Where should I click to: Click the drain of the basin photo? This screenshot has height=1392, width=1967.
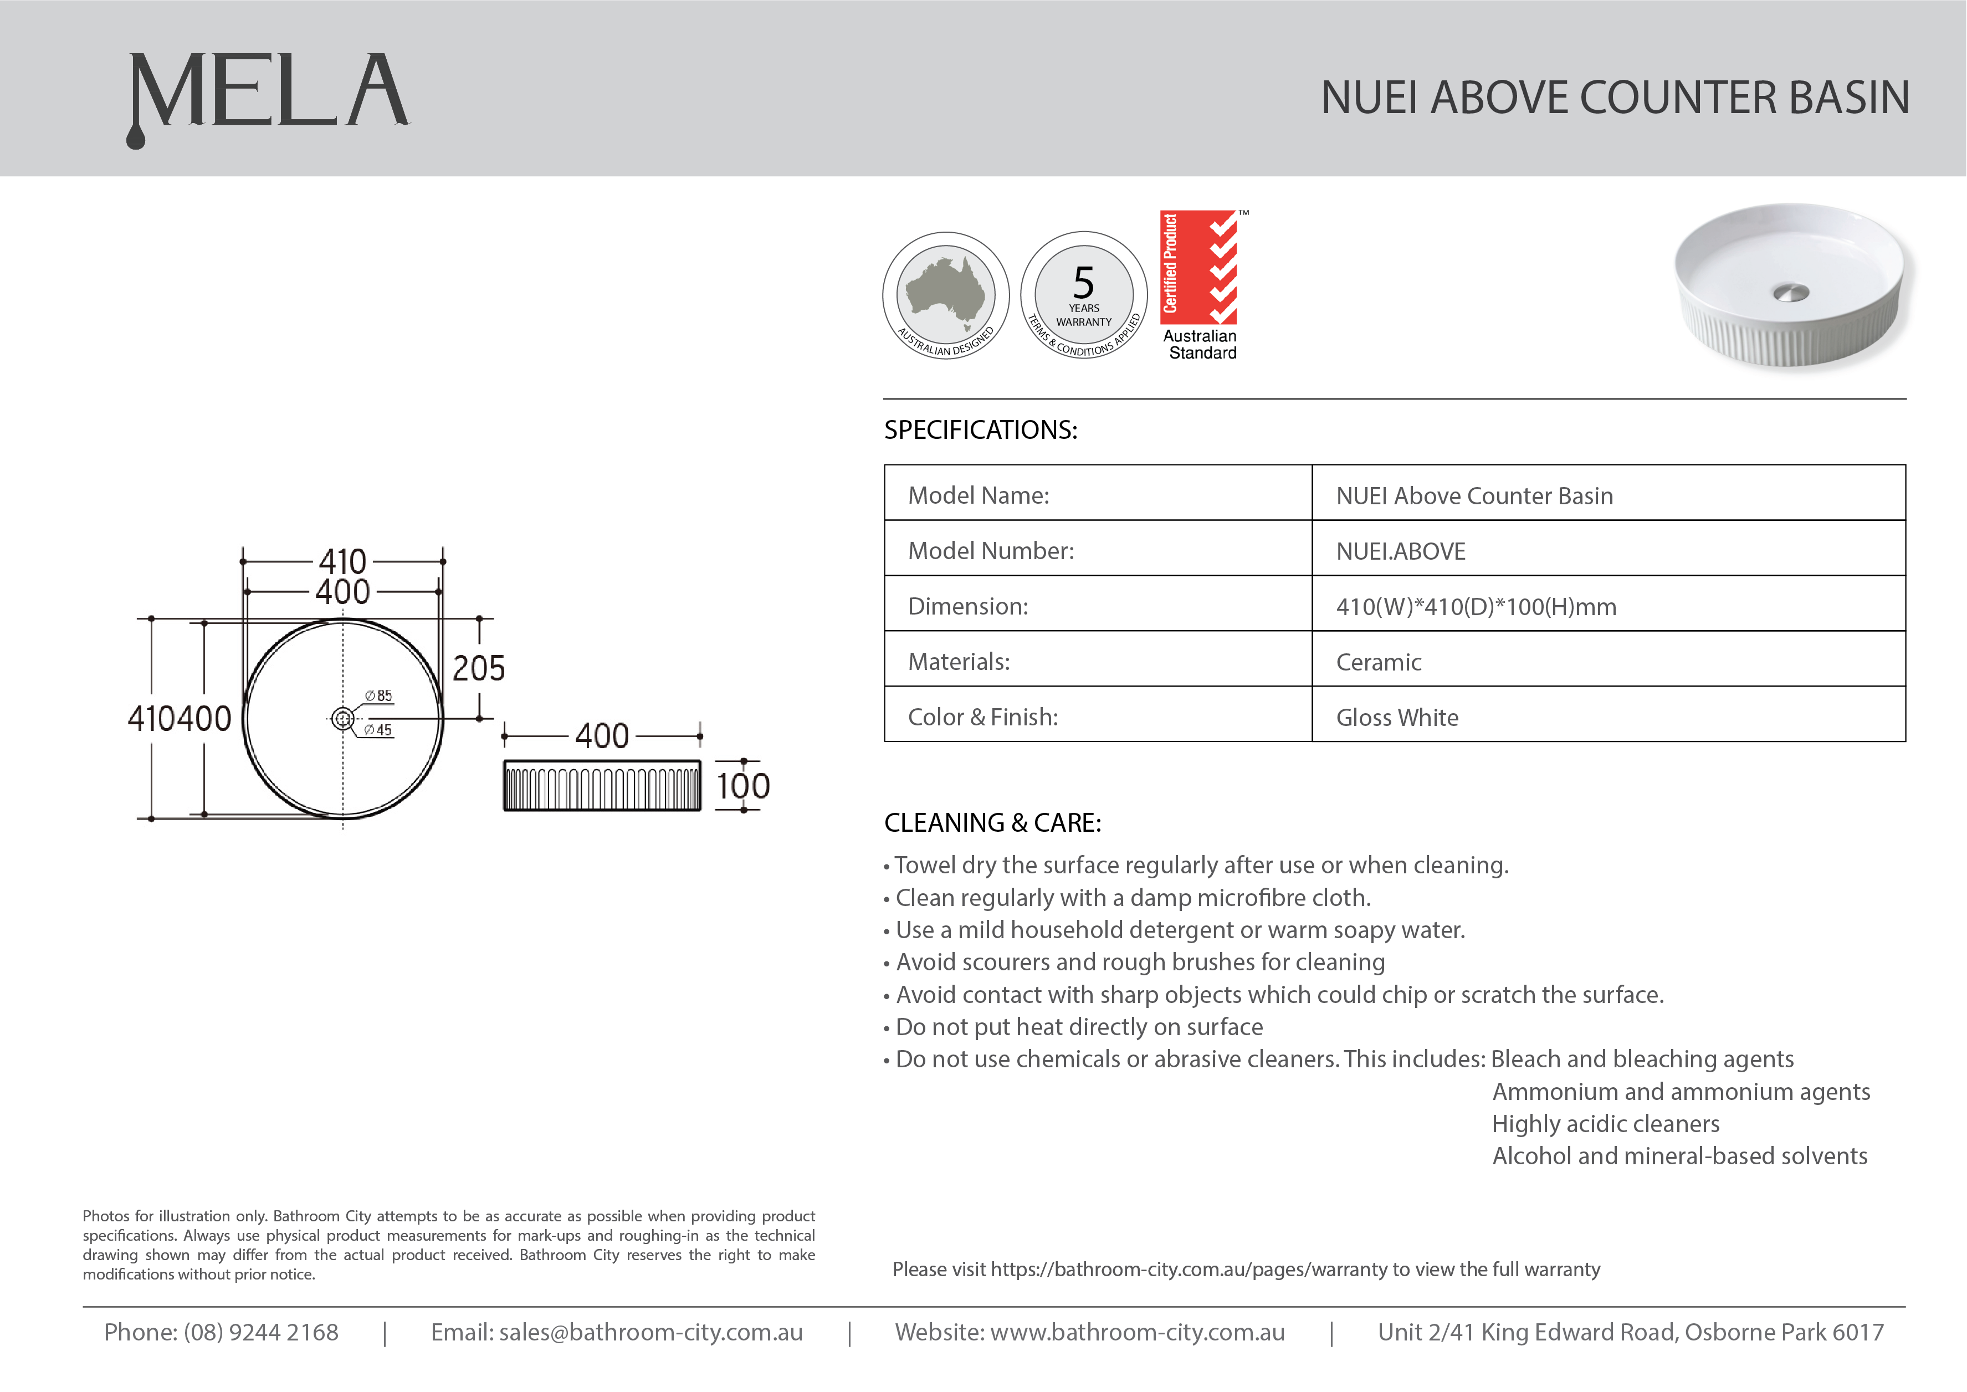tap(1791, 293)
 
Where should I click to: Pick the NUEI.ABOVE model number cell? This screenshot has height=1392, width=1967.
tap(1401, 551)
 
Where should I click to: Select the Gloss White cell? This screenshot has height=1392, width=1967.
tap(1397, 718)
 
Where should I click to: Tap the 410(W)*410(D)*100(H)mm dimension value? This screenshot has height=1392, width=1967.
tap(1476, 607)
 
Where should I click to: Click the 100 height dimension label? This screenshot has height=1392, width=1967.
tap(743, 786)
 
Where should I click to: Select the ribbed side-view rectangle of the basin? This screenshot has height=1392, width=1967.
tap(602, 786)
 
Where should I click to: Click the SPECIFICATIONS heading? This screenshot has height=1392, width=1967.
tap(981, 430)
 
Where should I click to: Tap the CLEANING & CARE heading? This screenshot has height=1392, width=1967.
tap(992, 823)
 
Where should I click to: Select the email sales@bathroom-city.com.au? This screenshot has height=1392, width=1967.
tap(650, 1332)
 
